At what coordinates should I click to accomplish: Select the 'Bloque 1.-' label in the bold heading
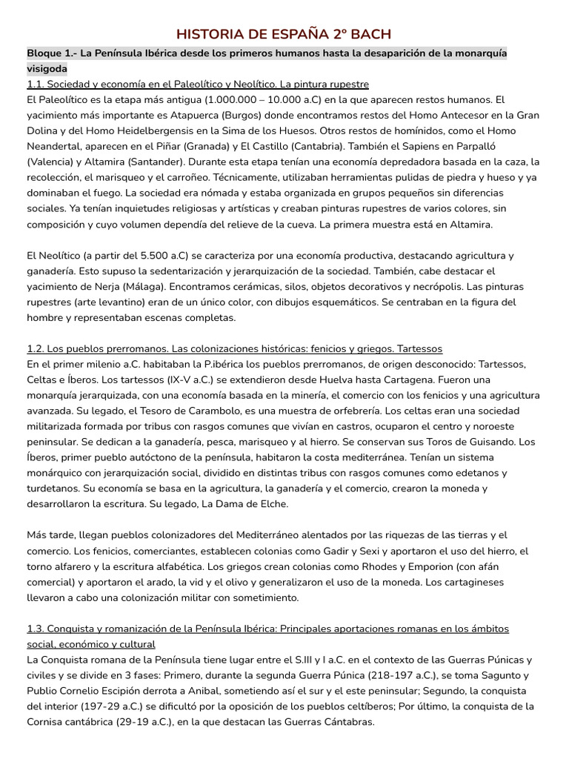pyautogui.click(x=53, y=54)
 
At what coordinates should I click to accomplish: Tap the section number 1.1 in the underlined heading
pyautogui.click(x=36, y=84)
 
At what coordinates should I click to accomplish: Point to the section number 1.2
pyautogui.click(x=36, y=348)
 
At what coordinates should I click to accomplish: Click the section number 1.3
pyautogui.click(x=36, y=629)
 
